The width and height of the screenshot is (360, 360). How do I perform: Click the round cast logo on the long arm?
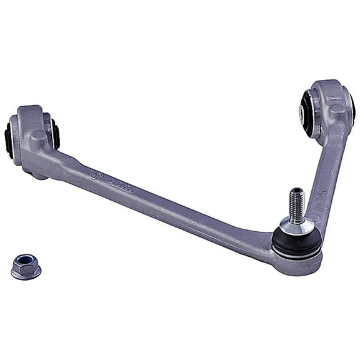point(97,176)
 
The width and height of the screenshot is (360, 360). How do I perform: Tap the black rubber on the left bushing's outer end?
point(9,139)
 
